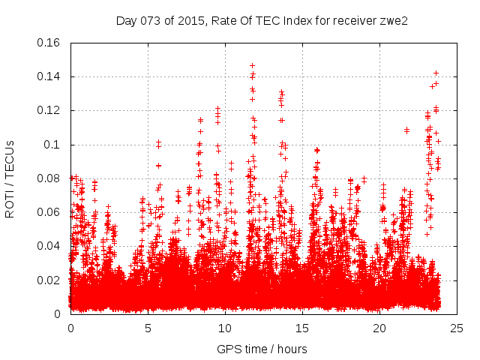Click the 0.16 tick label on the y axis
click(49, 43)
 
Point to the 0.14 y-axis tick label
click(49, 76)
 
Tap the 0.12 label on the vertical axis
click(49, 110)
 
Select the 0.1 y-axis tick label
click(54, 145)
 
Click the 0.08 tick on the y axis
click(49, 178)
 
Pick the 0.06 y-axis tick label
click(49, 212)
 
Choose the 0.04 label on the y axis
click(49, 246)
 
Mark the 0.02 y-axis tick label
click(49, 280)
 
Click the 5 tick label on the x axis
click(148, 328)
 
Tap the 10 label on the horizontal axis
click(225, 328)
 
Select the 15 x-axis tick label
click(302, 328)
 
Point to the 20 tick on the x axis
click(379, 328)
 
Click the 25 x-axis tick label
click(457, 328)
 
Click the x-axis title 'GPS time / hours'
click(263, 349)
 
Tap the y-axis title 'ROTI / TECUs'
click(10, 178)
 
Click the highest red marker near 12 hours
click(252, 65)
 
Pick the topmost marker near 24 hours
click(436, 73)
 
